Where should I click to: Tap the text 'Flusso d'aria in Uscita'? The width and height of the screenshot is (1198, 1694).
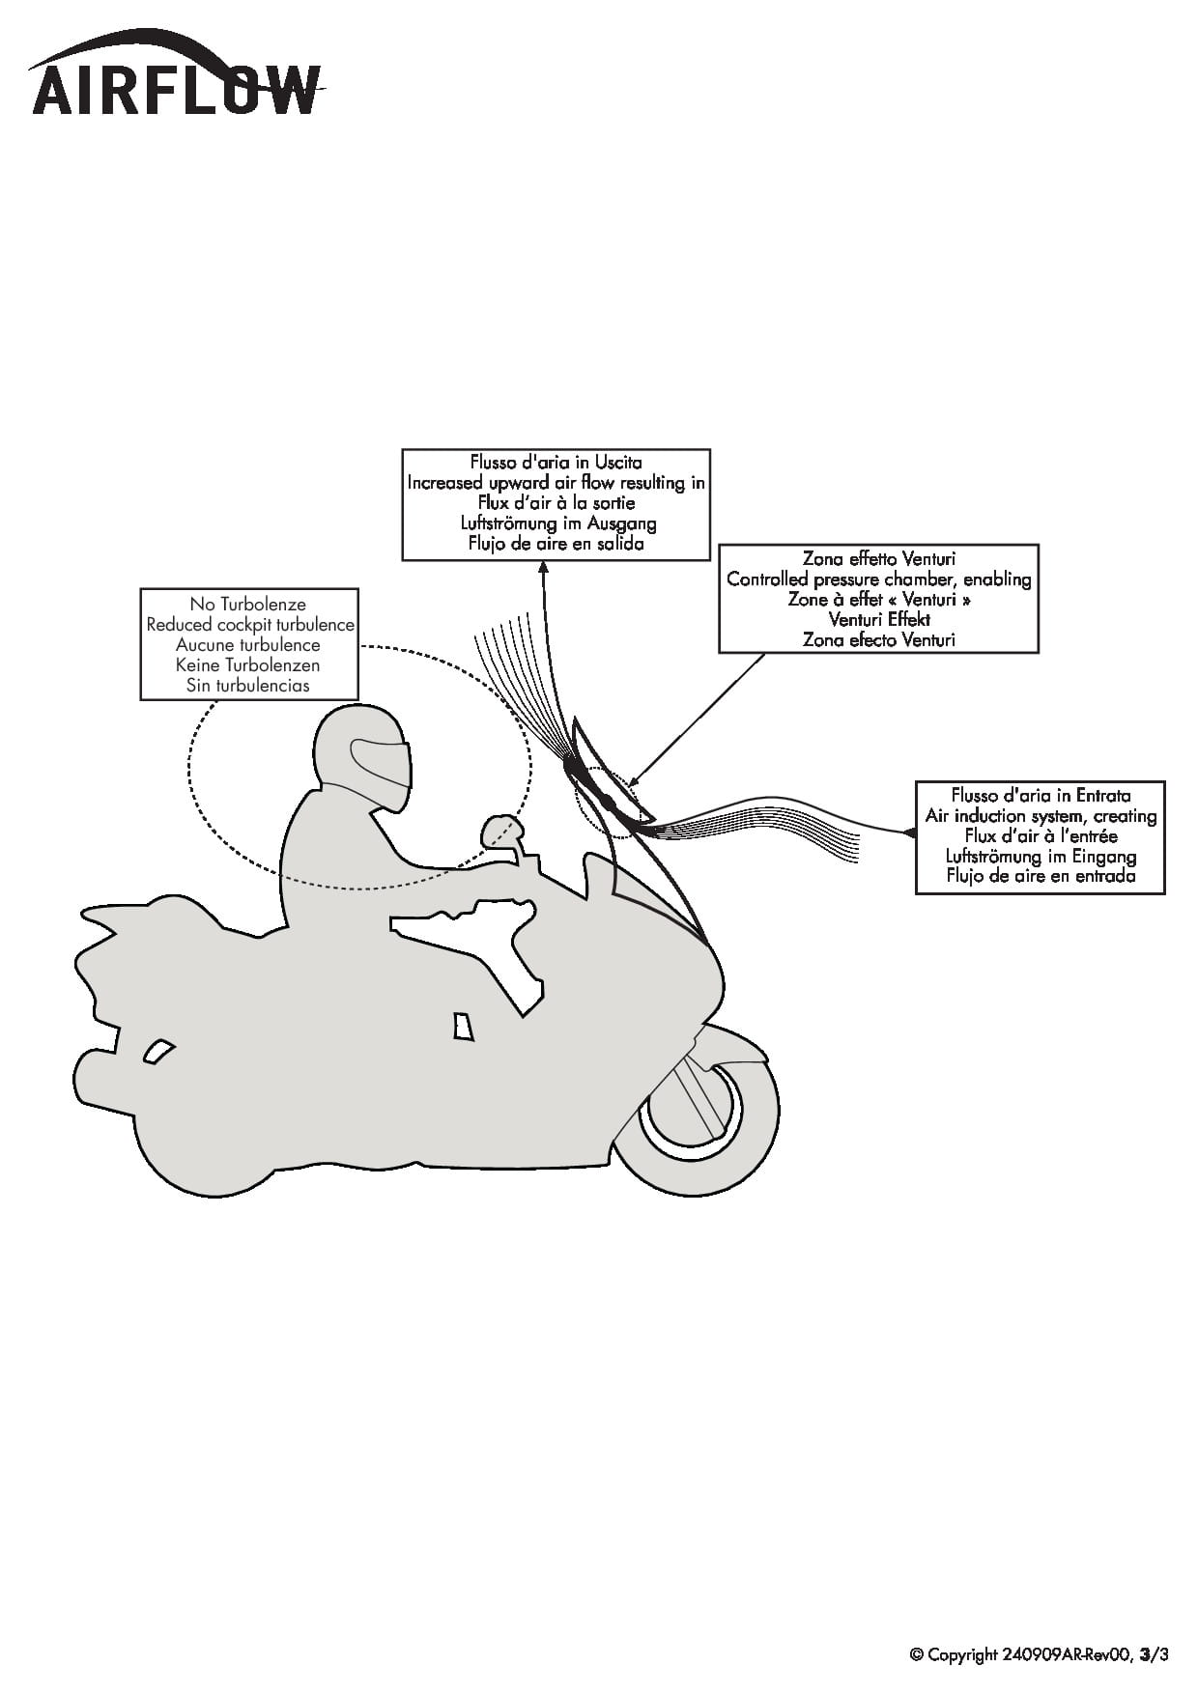(x=556, y=463)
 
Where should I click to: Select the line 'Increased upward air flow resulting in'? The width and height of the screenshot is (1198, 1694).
(x=556, y=483)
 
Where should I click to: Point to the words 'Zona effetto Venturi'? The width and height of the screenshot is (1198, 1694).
(x=878, y=559)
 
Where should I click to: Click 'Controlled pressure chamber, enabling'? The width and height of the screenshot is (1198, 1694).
(x=879, y=579)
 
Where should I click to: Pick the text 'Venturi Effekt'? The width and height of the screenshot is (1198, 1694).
(x=879, y=620)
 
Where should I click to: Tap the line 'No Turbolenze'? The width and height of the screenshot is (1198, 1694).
(x=247, y=605)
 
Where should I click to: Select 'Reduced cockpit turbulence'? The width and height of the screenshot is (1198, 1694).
(x=250, y=625)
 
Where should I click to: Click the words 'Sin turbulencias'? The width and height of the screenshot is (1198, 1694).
(x=248, y=686)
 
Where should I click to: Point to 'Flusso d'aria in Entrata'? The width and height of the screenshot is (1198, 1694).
(x=1041, y=796)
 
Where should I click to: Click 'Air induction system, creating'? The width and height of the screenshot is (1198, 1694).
(x=1041, y=816)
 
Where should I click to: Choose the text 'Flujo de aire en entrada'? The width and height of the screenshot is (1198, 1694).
(x=1041, y=877)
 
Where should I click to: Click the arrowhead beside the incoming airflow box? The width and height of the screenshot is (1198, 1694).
(x=908, y=832)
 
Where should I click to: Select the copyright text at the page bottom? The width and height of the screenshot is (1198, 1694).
(x=1040, y=1654)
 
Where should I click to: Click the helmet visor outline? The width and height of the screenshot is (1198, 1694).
(x=379, y=764)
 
